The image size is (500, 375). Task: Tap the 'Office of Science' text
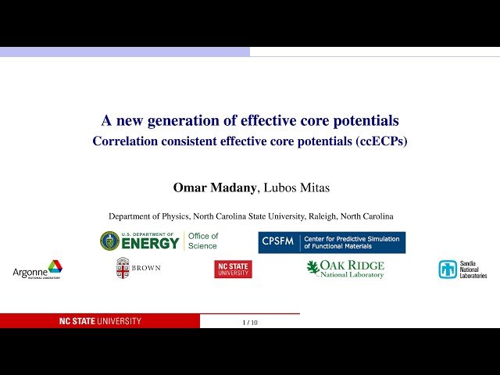point(203,241)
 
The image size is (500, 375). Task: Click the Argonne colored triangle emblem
point(55,267)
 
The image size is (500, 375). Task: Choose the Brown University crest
point(123,268)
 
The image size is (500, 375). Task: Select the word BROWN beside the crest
point(146,269)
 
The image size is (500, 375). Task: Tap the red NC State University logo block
point(233,270)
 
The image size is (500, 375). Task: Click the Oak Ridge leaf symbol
point(313,267)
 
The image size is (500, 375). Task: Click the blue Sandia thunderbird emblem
point(448,270)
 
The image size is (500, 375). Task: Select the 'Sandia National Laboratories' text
point(473,270)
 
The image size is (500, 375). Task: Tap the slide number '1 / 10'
point(250,322)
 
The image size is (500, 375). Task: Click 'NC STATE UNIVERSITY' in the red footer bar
point(101,321)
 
